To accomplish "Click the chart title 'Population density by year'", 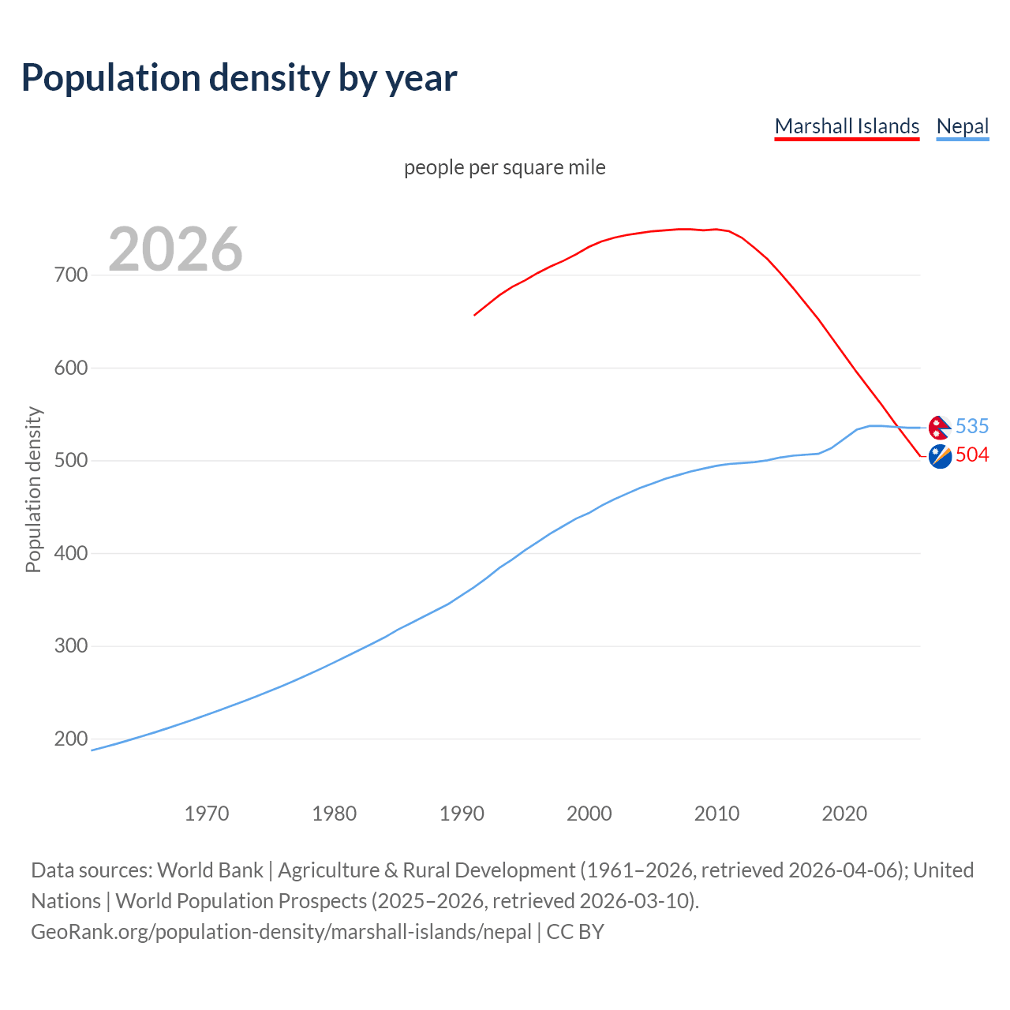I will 239,77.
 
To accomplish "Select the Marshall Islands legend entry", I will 847,126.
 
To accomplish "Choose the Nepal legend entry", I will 962,126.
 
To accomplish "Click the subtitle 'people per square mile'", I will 505,167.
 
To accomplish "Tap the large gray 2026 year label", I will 175,249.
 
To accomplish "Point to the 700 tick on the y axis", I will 71,275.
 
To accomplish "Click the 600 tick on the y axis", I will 71,368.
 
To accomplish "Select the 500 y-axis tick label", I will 71,461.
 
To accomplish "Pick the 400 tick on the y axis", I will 71,553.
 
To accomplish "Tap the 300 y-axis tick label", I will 71,646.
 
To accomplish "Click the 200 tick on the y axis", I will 71,739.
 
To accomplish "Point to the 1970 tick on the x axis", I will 207,814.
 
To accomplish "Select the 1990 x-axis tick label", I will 462,814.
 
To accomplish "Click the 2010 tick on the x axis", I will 716,814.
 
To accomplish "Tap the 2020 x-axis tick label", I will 844,814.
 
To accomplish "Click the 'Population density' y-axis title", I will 33,489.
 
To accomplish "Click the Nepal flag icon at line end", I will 939,427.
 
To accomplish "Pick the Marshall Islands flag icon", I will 940,456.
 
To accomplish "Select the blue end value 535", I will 971,426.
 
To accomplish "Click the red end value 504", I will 971,455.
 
